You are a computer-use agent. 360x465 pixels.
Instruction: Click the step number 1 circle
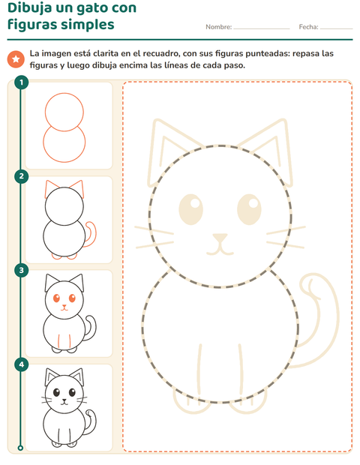pos(21,82)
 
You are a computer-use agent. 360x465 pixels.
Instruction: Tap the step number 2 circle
pos(21,176)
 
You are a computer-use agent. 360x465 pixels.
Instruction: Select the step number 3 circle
pos(21,270)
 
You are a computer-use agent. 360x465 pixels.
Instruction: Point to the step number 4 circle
pos(21,364)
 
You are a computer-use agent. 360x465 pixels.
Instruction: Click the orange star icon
pos(16,59)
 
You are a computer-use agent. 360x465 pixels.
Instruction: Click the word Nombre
pos(218,27)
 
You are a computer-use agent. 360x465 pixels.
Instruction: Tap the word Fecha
pos(308,27)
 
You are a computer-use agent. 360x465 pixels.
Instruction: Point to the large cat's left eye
pos(191,209)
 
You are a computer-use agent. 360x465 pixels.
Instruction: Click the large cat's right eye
pos(249,209)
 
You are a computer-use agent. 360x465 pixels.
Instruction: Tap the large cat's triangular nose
pos(220,238)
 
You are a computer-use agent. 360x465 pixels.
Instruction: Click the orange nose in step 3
pos(64,306)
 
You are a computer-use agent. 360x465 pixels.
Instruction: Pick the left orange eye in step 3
pos(56,298)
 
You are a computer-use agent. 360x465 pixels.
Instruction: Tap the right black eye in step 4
pos(72,392)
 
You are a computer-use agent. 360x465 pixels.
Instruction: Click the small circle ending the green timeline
pos(20,448)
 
